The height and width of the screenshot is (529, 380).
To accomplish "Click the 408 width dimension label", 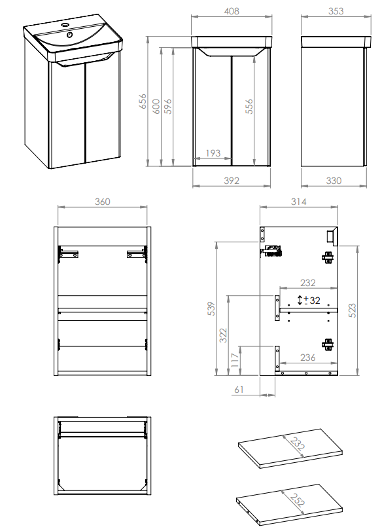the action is (x=232, y=11).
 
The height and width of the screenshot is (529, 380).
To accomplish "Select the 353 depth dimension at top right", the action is (x=336, y=11).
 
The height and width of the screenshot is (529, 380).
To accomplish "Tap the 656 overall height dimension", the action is (x=143, y=101).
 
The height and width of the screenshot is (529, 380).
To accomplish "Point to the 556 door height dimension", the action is (x=249, y=106).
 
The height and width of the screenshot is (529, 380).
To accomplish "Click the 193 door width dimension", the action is (x=213, y=153).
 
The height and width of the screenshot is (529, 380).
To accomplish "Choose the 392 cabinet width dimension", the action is (x=232, y=181).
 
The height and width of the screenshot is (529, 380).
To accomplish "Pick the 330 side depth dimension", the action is (x=334, y=181).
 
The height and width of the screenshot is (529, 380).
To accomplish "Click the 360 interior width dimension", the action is (x=102, y=202).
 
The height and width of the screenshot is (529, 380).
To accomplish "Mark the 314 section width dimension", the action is (x=298, y=202).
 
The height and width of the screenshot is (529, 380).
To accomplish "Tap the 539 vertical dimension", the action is (x=211, y=309).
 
